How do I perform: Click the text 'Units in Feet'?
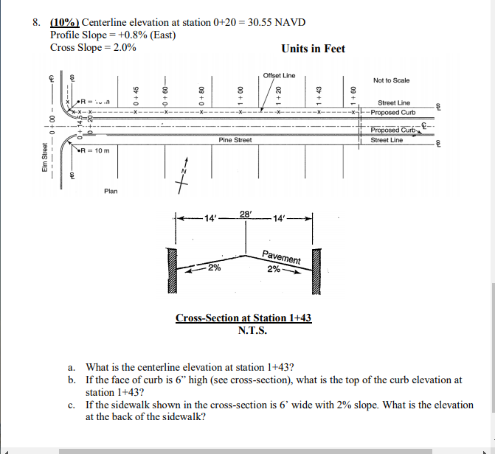coord(313,49)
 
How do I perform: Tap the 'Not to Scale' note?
coord(391,80)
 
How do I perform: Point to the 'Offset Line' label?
coord(279,75)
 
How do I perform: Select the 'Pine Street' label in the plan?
coord(235,140)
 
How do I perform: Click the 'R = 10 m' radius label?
coord(96,150)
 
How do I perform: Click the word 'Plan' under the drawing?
coord(111,192)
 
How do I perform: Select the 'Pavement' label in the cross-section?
coord(281,258)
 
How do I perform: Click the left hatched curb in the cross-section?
coord(173,270)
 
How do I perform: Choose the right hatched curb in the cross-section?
coord(317,270)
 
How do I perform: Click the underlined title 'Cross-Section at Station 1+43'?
coord(243,318)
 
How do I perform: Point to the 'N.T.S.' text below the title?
coord(252,329)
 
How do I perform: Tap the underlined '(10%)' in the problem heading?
coord(65,22)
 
